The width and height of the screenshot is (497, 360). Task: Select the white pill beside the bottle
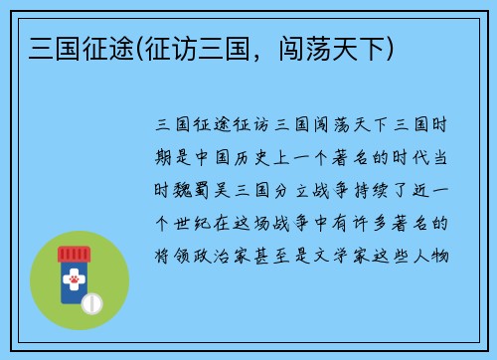pyautogui.click(x=92, y=301)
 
